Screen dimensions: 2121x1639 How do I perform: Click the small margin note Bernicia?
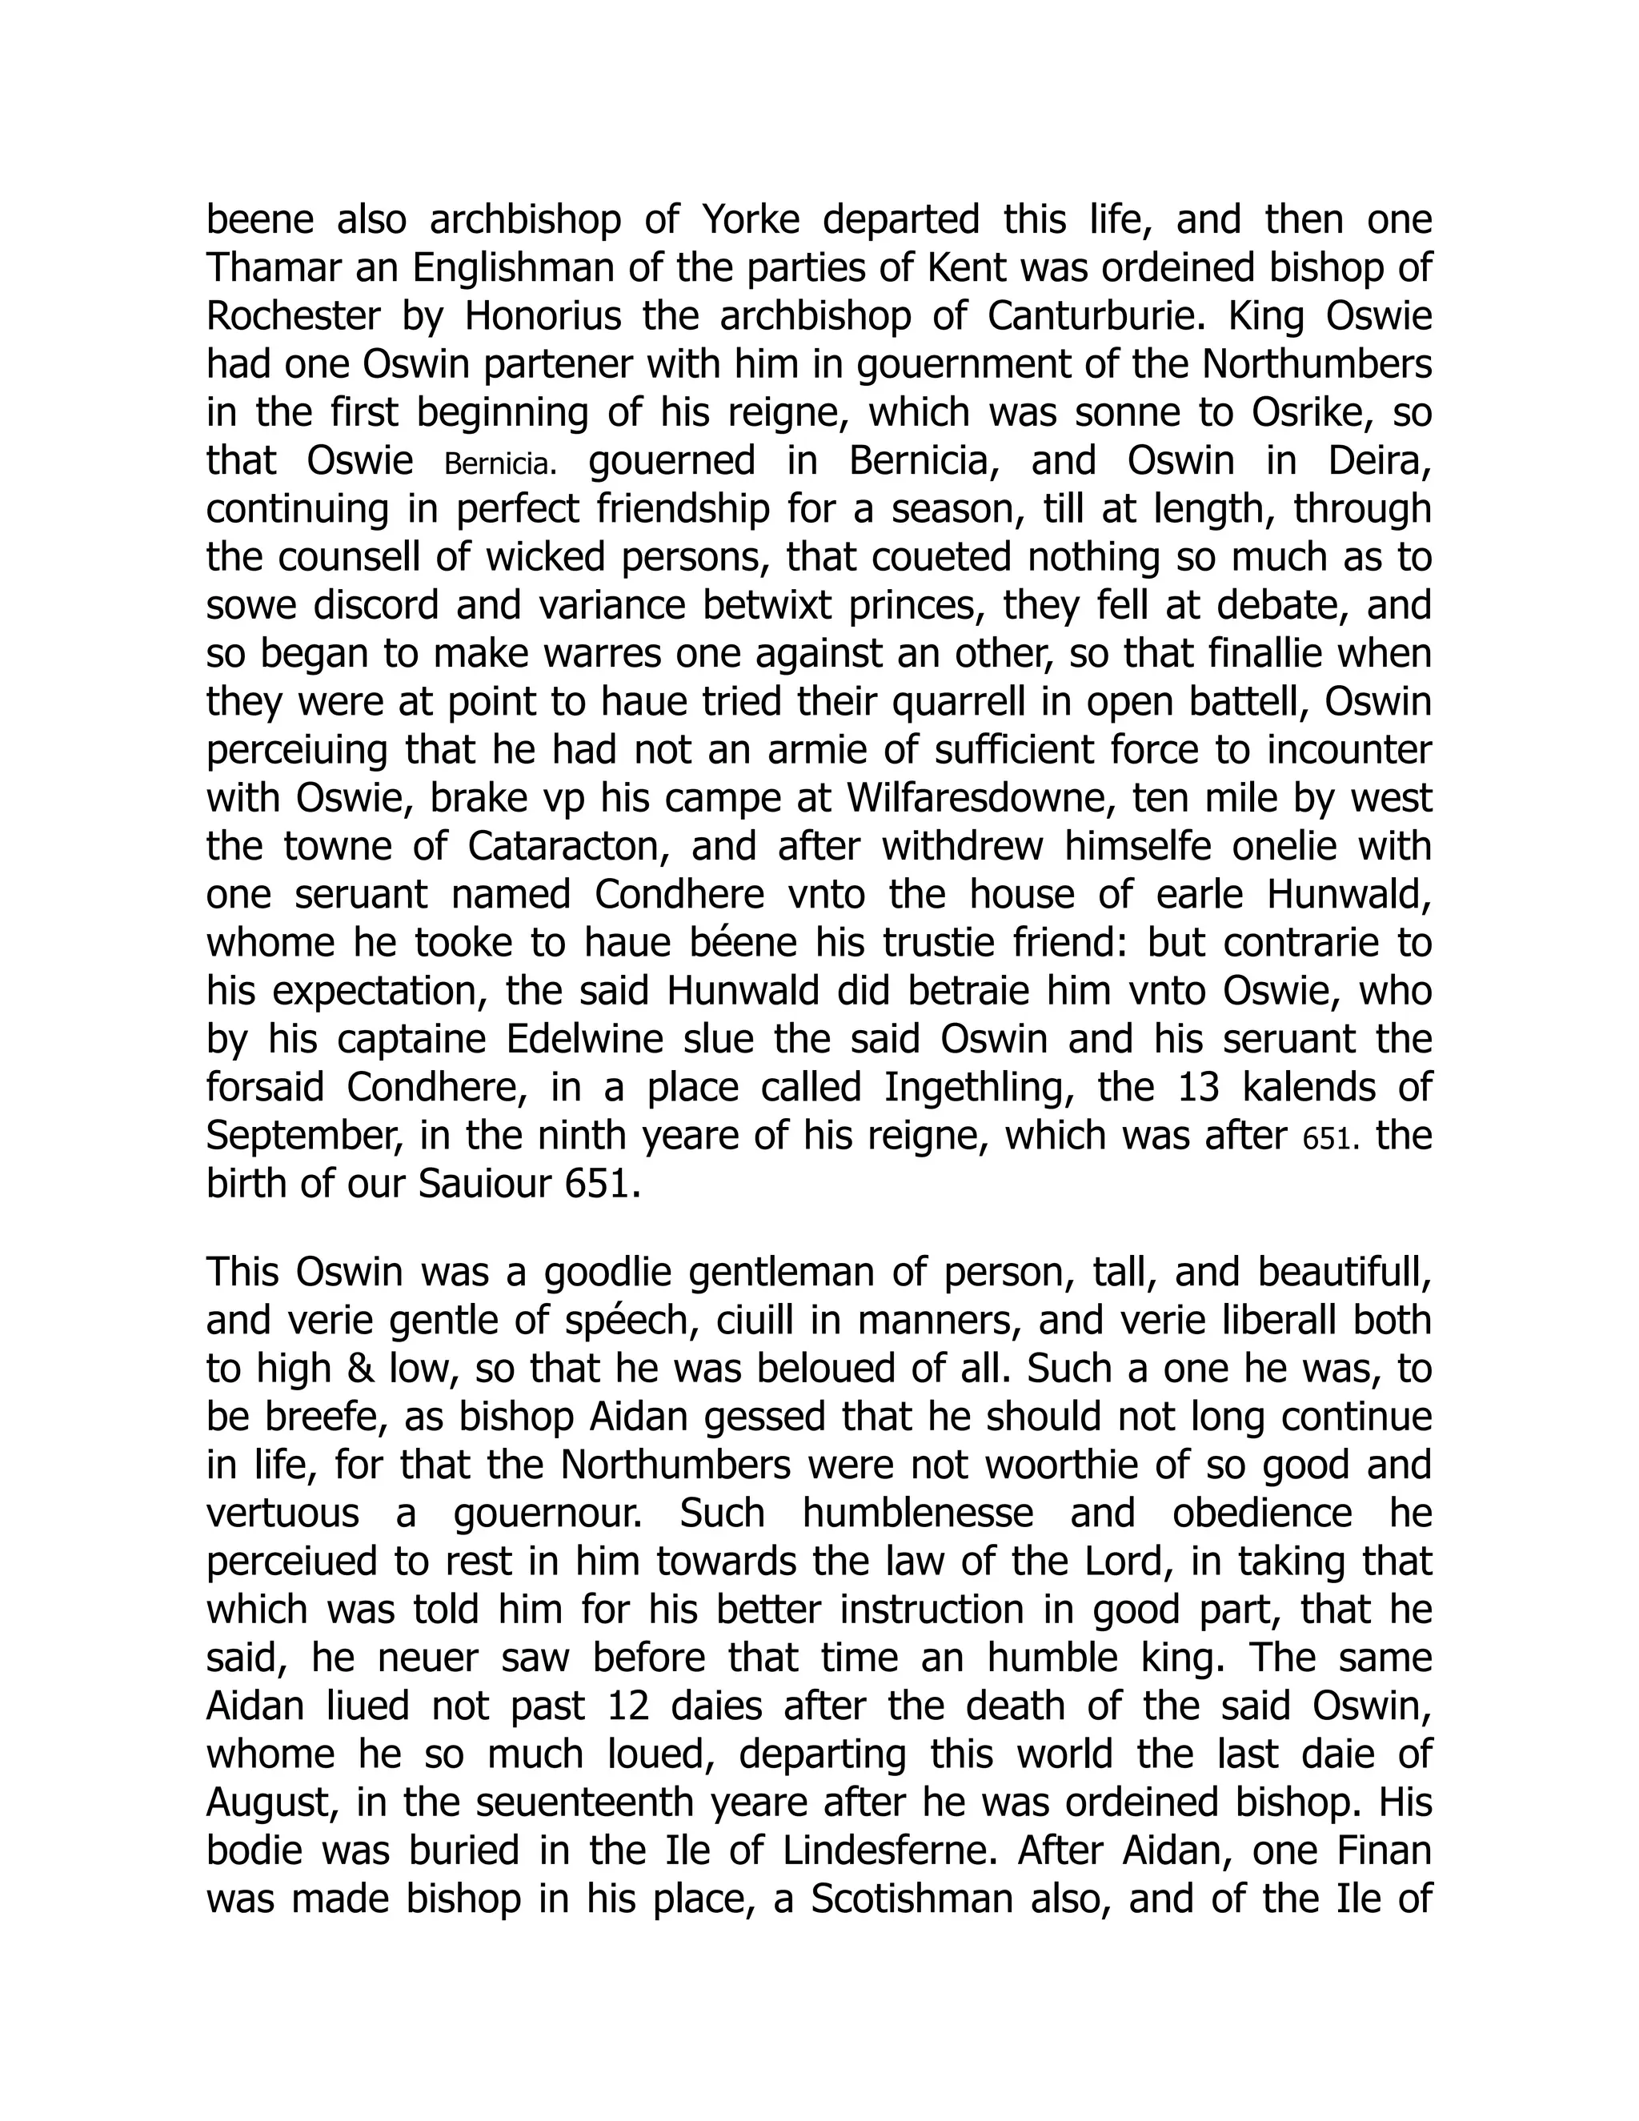(501, 464)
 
